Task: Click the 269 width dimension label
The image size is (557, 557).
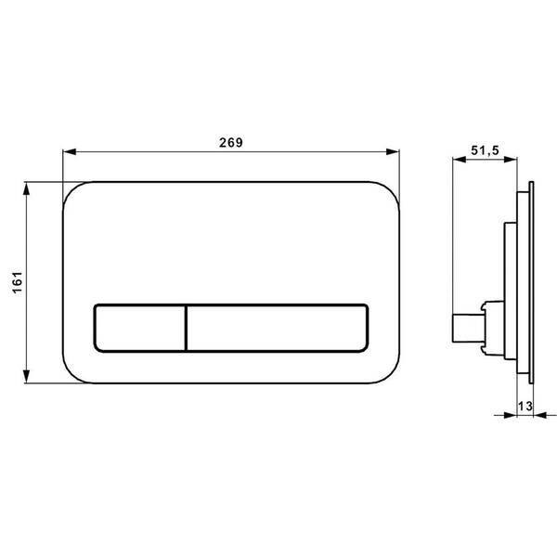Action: pos(231,142)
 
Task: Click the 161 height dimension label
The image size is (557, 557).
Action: pos(18,282)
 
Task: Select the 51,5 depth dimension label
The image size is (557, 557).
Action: pos(485,150)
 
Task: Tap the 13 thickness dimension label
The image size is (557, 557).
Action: pos(525,406)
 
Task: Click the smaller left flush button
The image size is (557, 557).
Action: pos(139,329)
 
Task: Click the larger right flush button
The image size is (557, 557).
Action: pos(278,329)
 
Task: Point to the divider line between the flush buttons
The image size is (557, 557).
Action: pos(186,329)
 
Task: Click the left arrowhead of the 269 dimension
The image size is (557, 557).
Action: pos(70,152)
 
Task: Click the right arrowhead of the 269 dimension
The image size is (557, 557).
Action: pos(393,152)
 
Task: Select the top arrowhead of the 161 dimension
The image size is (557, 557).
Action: pos(26,189)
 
